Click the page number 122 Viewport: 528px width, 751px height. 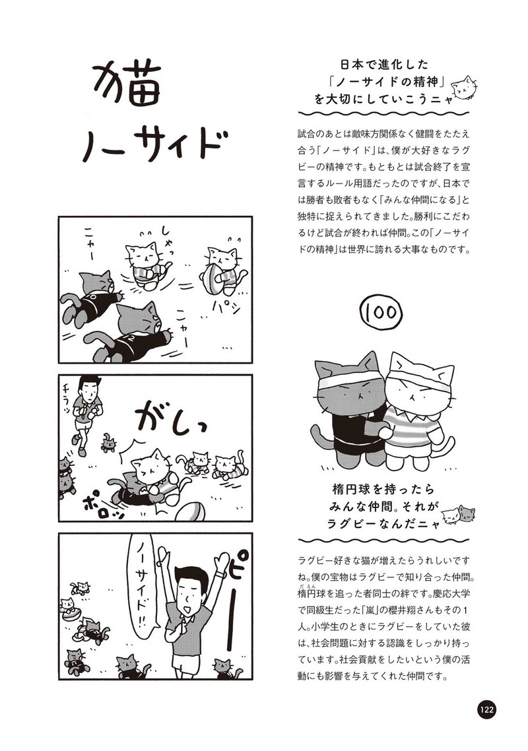point(486,709)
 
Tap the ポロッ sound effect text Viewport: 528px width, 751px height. point(104,506)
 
